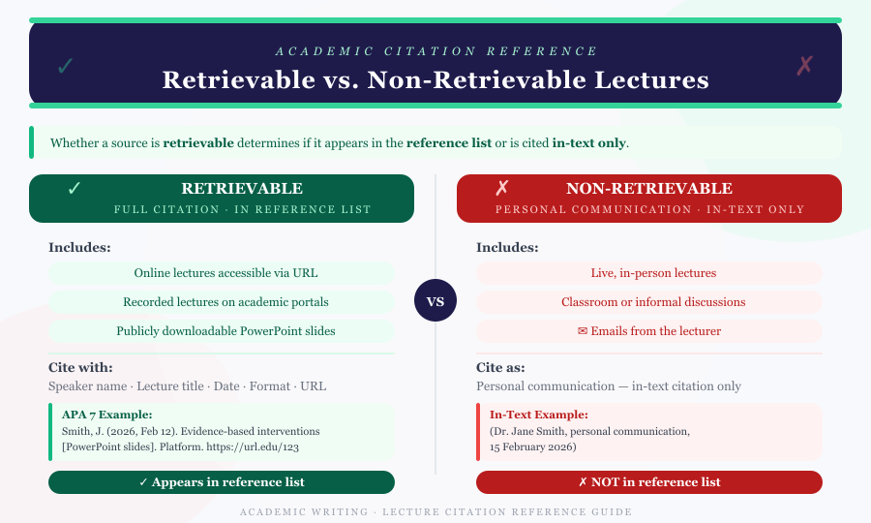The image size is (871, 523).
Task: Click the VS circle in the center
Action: click(435, 301)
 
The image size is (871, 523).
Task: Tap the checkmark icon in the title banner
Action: click(65, 66)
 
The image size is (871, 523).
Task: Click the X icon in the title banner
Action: click(804, 66)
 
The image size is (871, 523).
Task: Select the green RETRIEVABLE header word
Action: click(242, 189)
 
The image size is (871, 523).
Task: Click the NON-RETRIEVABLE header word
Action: click(648, 189)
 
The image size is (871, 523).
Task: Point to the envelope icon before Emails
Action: click(583, 331)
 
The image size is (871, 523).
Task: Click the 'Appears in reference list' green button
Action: click(222, 482)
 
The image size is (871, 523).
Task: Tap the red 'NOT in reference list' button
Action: click(649, 482)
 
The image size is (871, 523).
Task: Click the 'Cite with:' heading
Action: click(80, 367)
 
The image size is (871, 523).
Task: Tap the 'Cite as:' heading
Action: click(503, 367)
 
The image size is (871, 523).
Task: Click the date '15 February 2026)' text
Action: click(533, 446)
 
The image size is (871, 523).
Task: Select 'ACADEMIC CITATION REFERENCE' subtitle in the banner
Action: click(435, 51)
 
